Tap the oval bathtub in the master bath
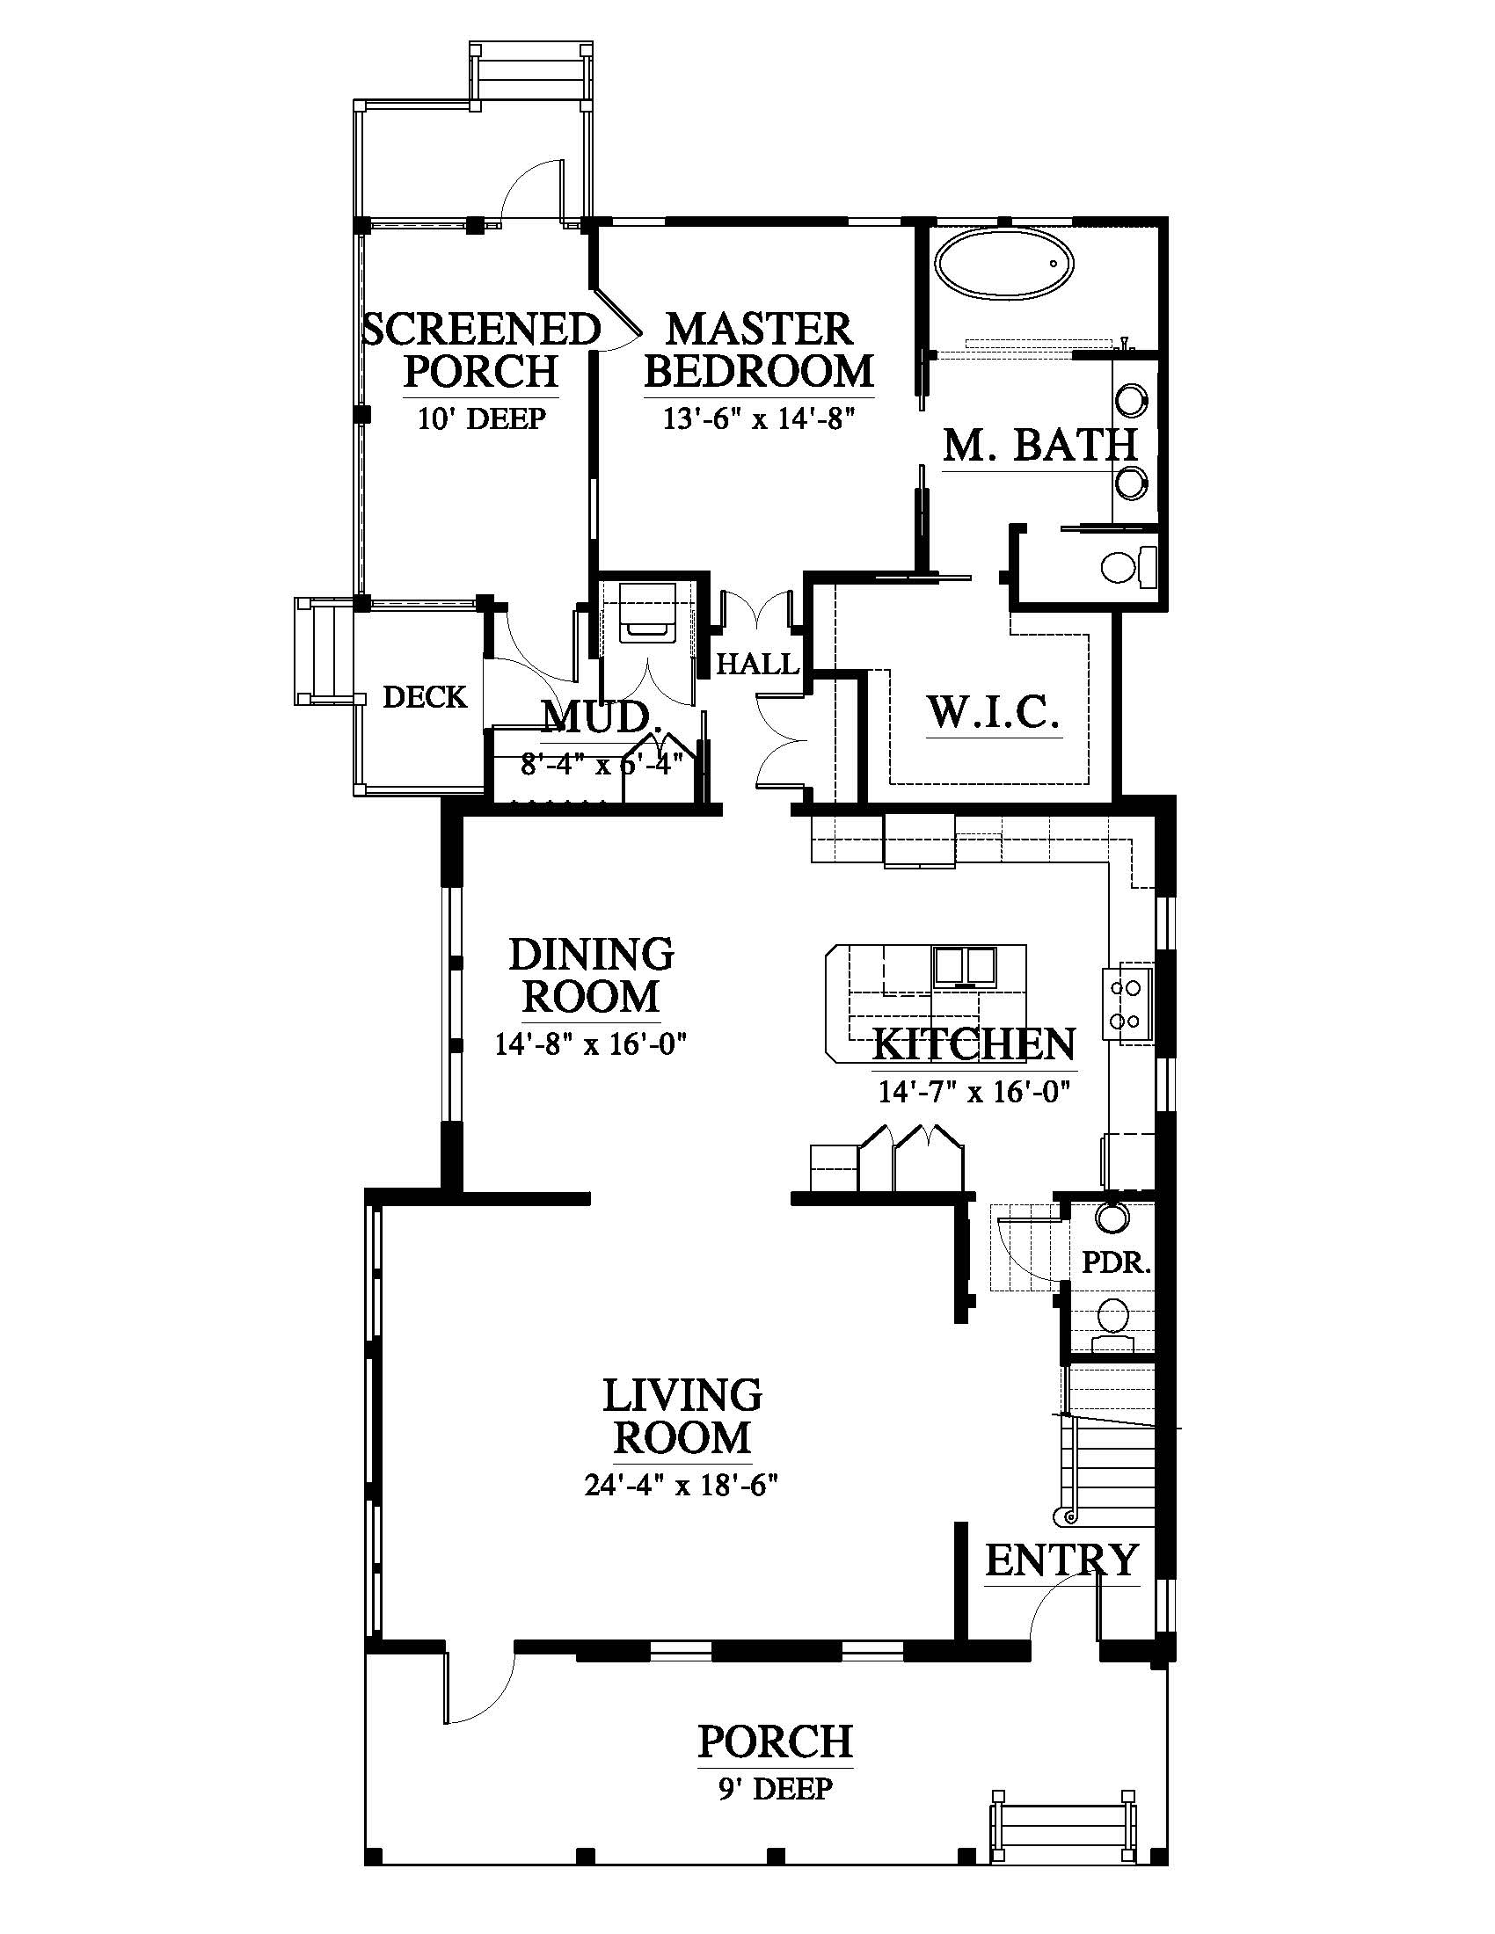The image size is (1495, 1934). coord(1005,263)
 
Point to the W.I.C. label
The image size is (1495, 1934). coord(993,712)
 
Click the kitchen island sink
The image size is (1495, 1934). coord(966,966)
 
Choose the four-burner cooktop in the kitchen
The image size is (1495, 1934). coord(1127,1004)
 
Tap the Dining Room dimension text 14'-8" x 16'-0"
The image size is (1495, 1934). coord(591,1045)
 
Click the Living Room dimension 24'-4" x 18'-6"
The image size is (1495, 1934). coord(680,1484)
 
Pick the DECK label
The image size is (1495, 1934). coord(425,698)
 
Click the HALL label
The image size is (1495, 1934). coord(758,663)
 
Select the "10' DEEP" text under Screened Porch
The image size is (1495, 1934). coord(481,418)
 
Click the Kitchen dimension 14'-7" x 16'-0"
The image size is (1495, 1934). coord(974,1092)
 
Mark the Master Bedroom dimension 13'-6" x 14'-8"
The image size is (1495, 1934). coord(758,418)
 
